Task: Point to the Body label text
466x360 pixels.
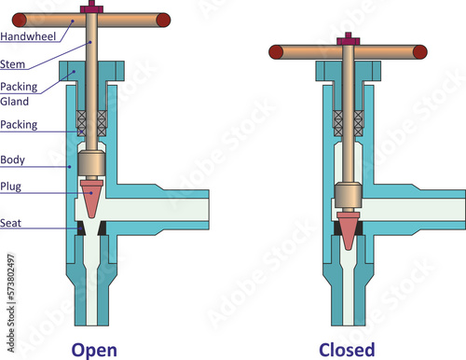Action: point(13,159)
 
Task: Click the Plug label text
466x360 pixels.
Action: point(12,187)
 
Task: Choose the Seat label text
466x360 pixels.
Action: point(12,224)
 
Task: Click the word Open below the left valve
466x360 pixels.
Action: point(95,349)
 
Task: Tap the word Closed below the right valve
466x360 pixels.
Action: point(347,349)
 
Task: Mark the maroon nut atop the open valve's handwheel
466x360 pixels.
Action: point(92,8)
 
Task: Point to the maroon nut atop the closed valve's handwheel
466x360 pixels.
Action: point(348,39)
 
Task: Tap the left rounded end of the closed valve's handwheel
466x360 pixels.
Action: point(277,49)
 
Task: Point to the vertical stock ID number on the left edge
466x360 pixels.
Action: point(10,284)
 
